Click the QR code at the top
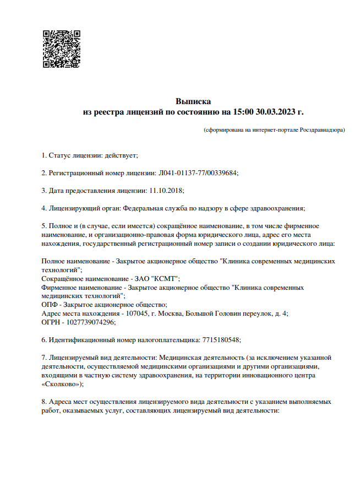pos(62,49)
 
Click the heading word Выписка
pos(193,101)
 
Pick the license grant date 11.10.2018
pos(166,190)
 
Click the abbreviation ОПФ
pos(51,304)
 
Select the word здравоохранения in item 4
pos(277,208)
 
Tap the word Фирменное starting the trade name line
pos(60,287)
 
